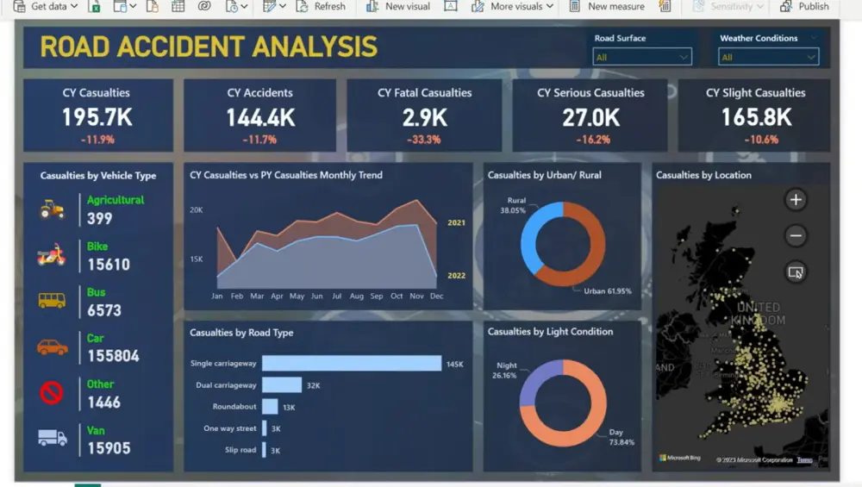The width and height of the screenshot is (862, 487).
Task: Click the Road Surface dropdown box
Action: coord(642,57)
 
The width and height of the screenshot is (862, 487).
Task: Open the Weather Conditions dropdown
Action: coord(768,57)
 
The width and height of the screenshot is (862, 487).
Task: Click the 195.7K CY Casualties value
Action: coord(97,117)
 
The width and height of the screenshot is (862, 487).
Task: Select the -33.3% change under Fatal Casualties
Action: coord(424,140)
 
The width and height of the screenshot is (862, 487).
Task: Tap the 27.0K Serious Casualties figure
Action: coord(590,117)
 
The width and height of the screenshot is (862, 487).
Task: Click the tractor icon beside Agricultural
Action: coord(52,209)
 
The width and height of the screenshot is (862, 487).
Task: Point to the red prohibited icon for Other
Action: coord(52,393)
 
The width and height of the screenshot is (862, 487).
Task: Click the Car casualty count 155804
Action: coord(113,356)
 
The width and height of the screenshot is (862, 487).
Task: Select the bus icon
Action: coord(52,301)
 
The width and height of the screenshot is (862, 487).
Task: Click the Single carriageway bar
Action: coord(351,364)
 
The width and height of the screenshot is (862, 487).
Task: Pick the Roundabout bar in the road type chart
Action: coord(270,406)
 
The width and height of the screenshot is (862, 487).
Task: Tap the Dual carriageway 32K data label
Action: coord(313,385)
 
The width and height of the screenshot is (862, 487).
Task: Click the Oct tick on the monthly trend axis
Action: coord(397,296)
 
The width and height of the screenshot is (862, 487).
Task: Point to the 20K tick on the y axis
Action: coord(197,209)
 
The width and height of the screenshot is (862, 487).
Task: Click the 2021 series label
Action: coord(456,223)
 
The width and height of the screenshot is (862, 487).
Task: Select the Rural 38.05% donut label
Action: coord(515,205)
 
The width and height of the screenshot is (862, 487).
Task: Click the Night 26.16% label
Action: coord(506,371)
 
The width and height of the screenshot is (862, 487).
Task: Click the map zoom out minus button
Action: coord(796,235)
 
